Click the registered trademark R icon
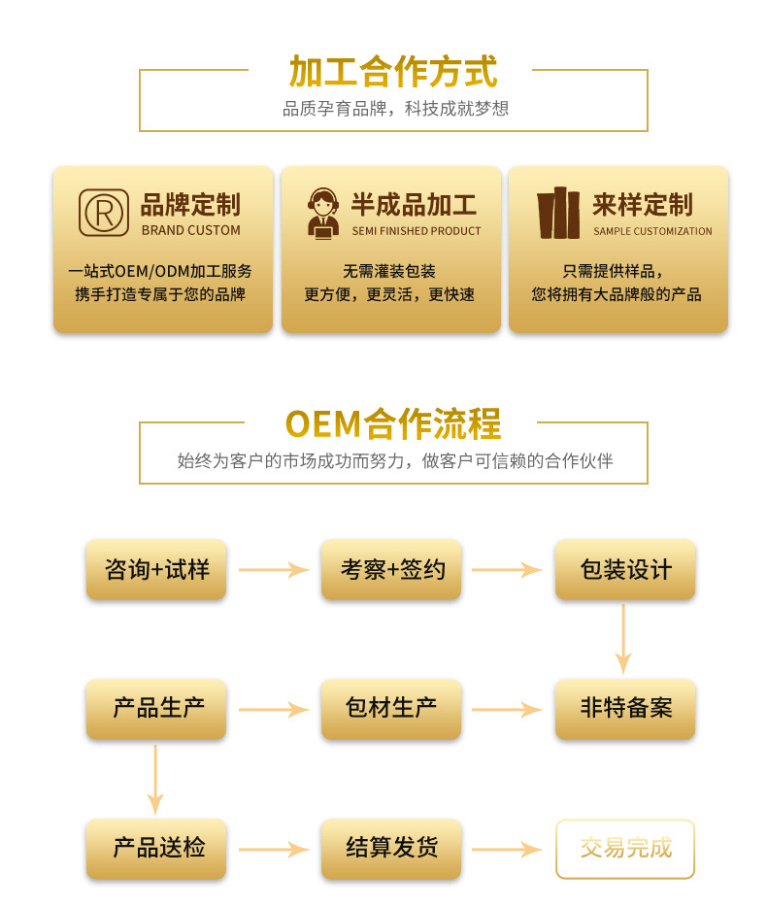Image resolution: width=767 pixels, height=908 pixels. [104, 213]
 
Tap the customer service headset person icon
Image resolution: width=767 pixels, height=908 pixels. [323, 213]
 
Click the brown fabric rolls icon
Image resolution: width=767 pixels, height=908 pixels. [558, 213]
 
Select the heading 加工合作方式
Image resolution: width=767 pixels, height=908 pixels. [393, 72]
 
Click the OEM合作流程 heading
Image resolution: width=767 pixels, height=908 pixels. [393, 423]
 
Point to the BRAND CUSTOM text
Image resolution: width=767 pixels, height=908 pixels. [191, 230]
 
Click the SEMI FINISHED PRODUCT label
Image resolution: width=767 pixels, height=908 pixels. [417, 231]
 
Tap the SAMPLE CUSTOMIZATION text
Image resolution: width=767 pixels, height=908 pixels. [652, 231]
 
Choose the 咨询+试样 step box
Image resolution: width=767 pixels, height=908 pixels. [156, 570]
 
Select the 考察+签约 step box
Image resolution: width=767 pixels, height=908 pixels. [391, 570]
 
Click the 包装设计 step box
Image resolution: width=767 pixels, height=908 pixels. [625, 570]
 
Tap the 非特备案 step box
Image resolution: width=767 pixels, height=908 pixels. [625, 709]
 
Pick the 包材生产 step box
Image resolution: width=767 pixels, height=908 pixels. [391, 709]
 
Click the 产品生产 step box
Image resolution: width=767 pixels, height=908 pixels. [156, 709]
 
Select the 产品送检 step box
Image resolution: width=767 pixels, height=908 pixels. [156, 849]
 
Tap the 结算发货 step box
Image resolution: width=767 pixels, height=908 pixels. [391, 849]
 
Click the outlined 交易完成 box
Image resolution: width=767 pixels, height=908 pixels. [625, 849]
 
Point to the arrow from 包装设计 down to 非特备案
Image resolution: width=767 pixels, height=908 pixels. [623, 639]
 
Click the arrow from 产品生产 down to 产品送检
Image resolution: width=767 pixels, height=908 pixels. [155, 780]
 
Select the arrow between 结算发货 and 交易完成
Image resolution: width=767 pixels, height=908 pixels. [507, 850]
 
